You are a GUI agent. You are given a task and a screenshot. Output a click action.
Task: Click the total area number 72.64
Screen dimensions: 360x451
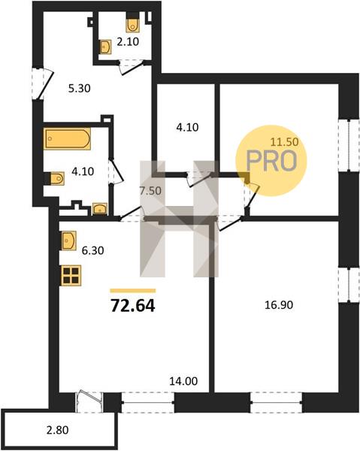[133, 306]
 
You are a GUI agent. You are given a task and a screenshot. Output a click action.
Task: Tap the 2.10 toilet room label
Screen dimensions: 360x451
[128, 42]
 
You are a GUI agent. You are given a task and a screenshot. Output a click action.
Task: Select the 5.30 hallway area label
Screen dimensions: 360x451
[80, 88]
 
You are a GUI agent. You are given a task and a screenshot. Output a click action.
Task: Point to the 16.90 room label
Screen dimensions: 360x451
[279, 305]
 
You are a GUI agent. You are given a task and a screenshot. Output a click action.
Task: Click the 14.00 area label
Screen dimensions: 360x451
[183, 381]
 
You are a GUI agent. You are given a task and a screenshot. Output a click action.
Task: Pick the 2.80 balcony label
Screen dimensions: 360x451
[58, 430]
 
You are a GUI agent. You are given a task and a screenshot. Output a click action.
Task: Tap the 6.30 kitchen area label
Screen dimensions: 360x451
[92, 250]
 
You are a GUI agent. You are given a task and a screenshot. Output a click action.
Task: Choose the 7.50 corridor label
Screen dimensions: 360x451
[150, 191]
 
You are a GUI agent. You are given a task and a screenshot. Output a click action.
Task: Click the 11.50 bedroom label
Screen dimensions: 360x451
[285, 142]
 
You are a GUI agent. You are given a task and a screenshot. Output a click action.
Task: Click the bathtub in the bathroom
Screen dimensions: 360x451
[68, 138]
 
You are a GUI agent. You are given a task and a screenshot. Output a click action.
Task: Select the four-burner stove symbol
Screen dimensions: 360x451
[71, 276]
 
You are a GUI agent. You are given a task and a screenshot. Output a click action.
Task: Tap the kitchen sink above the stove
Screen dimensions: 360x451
[68, 240]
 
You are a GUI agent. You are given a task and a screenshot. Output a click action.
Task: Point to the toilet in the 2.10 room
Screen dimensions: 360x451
[132, 24]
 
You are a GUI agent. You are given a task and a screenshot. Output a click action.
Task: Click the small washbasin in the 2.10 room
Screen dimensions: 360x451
[105, 47]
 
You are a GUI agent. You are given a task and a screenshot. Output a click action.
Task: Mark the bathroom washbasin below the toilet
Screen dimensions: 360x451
[100, 209]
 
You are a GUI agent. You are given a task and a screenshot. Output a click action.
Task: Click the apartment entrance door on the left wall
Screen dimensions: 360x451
[43, 83]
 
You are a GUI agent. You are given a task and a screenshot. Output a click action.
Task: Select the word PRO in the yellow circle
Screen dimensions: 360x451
[271, 161]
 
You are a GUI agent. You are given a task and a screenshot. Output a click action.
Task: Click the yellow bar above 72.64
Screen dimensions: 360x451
[133, 291]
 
